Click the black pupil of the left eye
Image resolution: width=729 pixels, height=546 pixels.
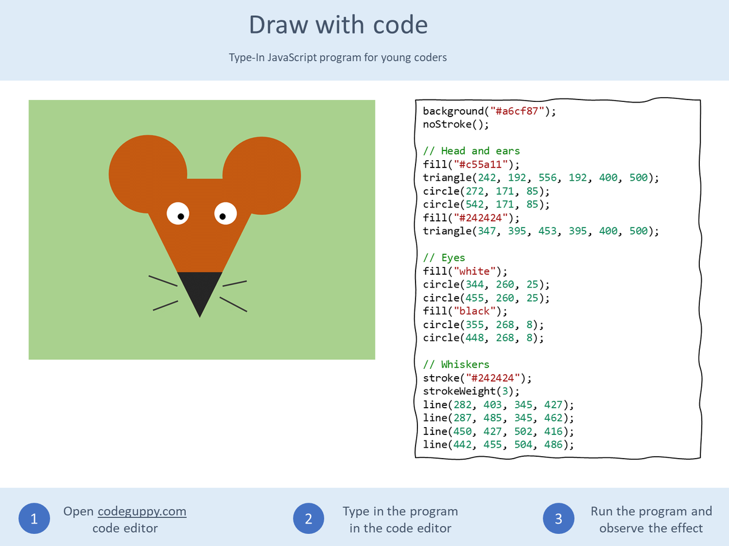click(180, 216)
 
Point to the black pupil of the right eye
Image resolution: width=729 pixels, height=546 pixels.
click(223, 216)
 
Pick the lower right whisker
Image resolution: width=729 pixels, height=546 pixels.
click(233, 304)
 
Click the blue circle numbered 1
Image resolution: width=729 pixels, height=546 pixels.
click(34, 519)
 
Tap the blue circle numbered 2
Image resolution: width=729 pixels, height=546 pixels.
click(309, 519)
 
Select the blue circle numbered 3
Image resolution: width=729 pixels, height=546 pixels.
click(558, 519)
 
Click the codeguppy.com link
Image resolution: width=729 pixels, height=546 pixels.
click(142, 511)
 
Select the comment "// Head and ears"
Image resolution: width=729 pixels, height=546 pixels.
click(471, 150)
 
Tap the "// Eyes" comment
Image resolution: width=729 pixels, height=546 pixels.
click(444, 258)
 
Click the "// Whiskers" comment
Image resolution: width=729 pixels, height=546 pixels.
click(456, 364)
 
